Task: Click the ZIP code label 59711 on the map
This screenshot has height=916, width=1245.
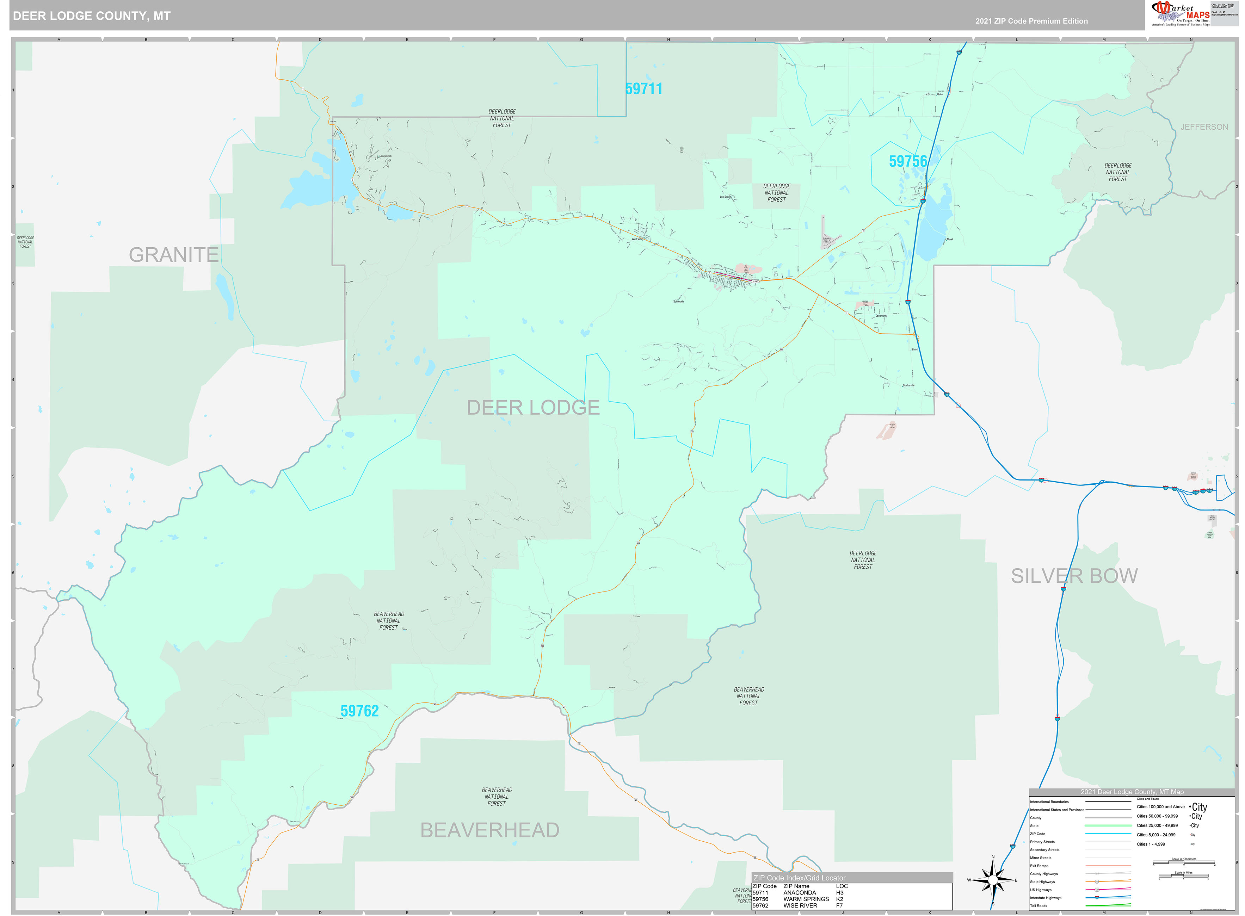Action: (643, 89)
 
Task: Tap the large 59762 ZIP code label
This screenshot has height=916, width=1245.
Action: (359, 711)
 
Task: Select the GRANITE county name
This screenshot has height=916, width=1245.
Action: (174, 254)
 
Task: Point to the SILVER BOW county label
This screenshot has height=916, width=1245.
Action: (1074, 576)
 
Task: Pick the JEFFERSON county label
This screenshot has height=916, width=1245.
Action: (1203, 127)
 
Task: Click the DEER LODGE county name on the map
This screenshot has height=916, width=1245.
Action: (533, 408)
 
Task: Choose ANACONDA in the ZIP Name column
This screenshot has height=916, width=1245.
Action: (799, 893)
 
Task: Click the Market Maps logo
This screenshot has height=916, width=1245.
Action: (1181, 14)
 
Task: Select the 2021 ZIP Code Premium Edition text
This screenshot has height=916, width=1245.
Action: (1031, 21)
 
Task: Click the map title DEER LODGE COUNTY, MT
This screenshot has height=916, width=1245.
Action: (92, 16)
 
